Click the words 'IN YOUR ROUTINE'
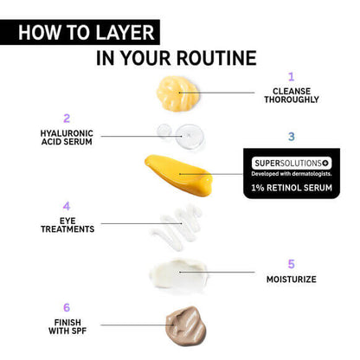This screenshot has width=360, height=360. pos(177,59)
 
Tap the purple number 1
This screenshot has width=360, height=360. pos(291,77)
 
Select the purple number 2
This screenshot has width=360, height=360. pos(66,118)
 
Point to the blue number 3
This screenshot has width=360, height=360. pos(291,137)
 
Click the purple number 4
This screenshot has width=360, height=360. pos(66,207)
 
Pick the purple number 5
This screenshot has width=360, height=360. pos(291,264)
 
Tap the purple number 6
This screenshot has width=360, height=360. pos(66,307)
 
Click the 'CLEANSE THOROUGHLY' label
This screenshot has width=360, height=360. pos(291,95)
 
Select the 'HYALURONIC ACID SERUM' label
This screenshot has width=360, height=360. pos(66,138)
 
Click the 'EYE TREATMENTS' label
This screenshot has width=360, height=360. pos(66,225)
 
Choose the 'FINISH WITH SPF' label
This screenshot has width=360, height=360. pos(66,325)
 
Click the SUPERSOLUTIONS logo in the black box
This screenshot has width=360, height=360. pos(290,162)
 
